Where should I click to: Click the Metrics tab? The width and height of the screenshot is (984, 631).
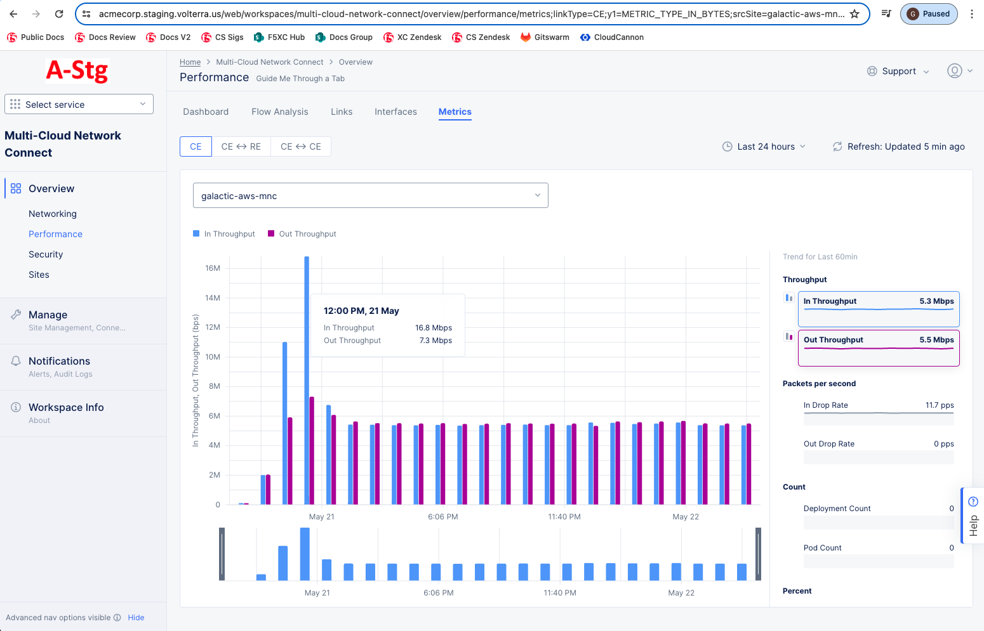[x=455, y=112]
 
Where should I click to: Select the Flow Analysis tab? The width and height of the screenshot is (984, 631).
[x=279, y=112]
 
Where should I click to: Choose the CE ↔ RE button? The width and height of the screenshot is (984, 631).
[x=241, y=146]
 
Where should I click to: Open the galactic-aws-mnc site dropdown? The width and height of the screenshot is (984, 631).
[x=370, y=196]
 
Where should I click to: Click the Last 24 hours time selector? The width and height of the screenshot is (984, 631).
[x=764, y=146]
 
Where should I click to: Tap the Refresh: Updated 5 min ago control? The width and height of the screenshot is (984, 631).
[x=898, y=146]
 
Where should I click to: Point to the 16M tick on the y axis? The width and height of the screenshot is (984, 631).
[x=213, y=268]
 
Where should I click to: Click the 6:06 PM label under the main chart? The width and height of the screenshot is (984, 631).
[x=442, y=517]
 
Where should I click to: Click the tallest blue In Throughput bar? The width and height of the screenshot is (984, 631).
[x=307, y=381]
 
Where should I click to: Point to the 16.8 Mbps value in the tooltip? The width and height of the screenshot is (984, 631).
[x=433, y=328]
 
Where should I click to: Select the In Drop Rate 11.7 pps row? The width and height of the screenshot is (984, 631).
[x=878, y=406]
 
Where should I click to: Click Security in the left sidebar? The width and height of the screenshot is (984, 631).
[x=46, y=254]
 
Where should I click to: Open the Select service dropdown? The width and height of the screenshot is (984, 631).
[x=79, y=105]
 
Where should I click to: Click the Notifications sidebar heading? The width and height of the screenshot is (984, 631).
[x=59, y=361]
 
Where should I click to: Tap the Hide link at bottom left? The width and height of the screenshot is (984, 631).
[x=136, y=618]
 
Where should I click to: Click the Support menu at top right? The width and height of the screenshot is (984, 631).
[x=898, y=71]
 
